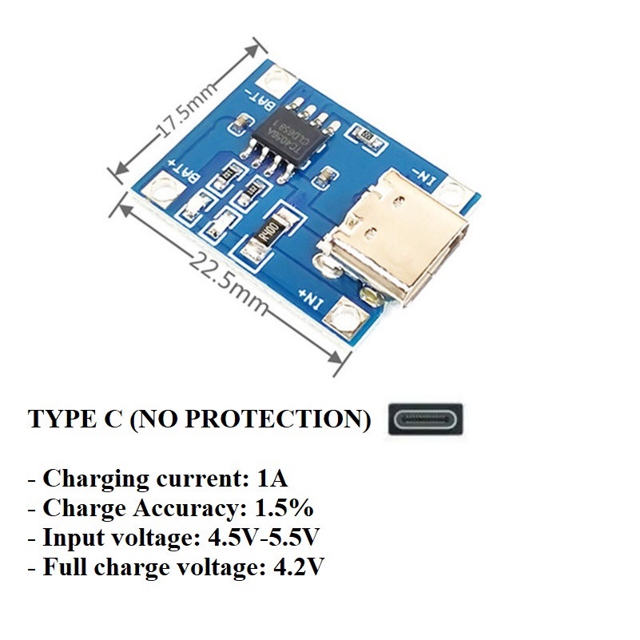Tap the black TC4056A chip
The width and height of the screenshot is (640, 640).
(x=295, y=134)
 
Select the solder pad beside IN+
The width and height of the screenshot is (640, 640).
(x=348, y=314)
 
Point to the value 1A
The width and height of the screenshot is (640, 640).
(x=272, y=479)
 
